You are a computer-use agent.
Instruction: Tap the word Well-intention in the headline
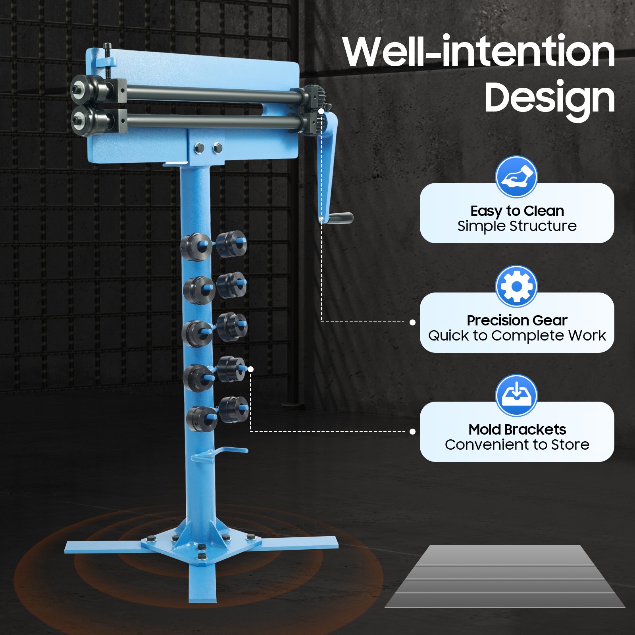pyautogui.click(x=479, y=51)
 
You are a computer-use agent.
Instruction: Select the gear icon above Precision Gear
pyautogui.click(x=516, y=286)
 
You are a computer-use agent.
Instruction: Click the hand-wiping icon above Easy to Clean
pyautogui.click(x=516, y=177)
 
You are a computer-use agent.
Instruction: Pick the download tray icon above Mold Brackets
pyautogui.click(x=516, y=395)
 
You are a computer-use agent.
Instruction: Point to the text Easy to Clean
pyautogui.click(x=517, y=211)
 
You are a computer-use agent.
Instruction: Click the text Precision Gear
pyautogui.click(x=517, y=320)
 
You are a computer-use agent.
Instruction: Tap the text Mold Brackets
pyautogui.click(x=517, y=429)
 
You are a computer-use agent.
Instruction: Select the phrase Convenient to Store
pyautogui.click(x=517, y=445)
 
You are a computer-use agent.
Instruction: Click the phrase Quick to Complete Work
pyautogui.click(x=517, y=336)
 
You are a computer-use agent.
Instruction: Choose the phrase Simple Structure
pyautogui.click(x=517, y=226)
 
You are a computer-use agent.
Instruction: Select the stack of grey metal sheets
pyautogui.click(x=505, y=576)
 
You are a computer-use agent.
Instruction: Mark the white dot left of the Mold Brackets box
pyautogui.click(x=413, y=431)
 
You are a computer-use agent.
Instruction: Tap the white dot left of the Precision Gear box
pyautogui.click(x=413, y=322)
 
